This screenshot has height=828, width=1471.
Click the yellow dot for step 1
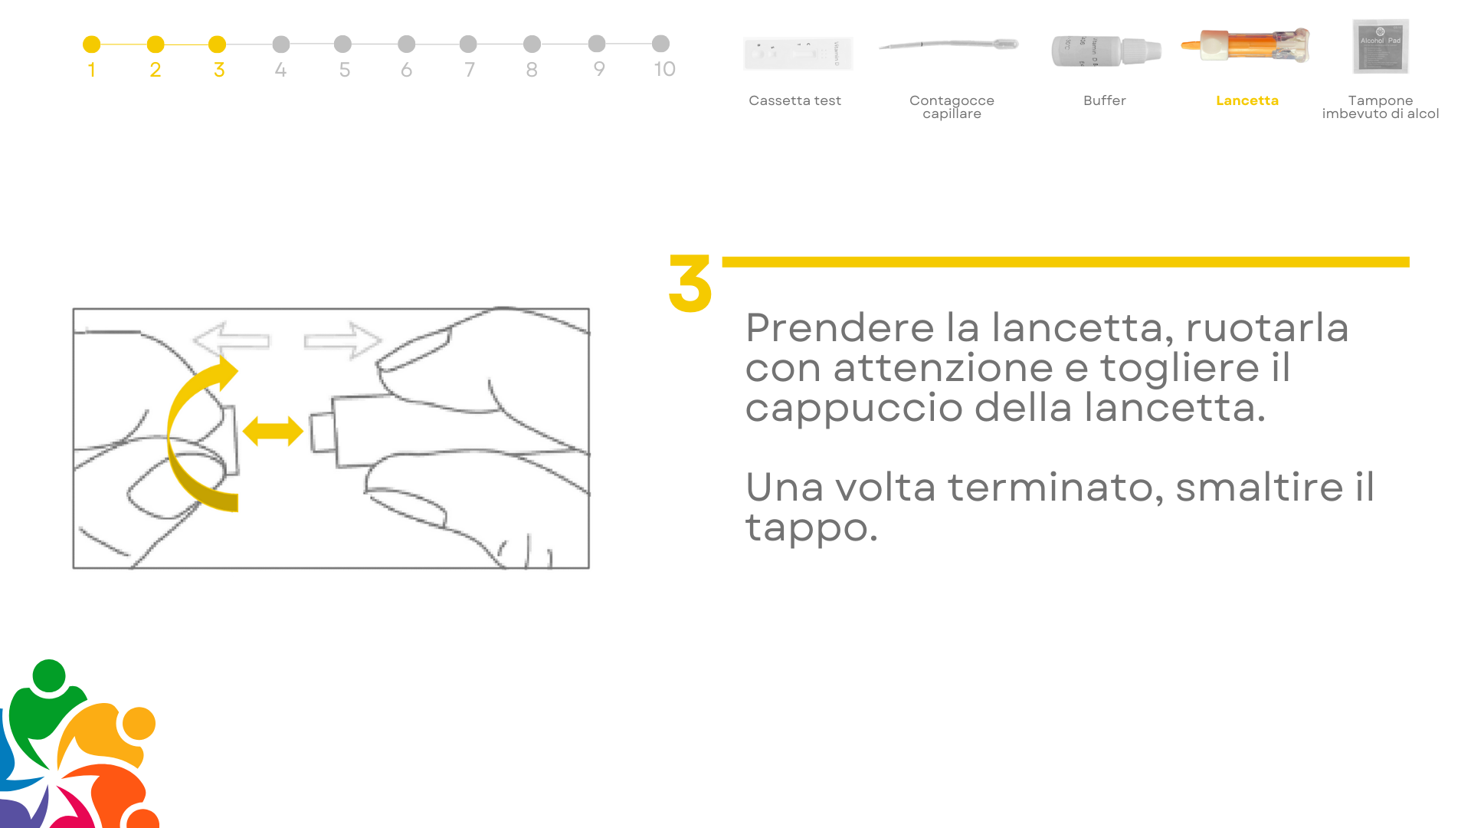[91, 44]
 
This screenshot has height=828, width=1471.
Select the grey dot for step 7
[468, 44]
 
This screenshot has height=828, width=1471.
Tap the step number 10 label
[664, 69]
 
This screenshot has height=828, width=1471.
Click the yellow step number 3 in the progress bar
[219, 70]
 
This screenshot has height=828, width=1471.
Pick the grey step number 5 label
[345, 70]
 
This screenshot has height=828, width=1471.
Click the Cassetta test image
[798, 53]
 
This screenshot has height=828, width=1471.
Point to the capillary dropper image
[948, 44]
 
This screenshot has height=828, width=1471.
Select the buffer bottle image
[1106, 51]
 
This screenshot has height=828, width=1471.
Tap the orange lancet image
[1246, 45]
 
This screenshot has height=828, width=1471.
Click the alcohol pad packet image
[1381, 47]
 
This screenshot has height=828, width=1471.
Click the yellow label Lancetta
[1247, 100]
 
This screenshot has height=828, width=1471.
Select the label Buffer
[1105, 100]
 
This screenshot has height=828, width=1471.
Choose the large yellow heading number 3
[690, 284]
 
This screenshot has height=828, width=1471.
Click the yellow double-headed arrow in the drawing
[273, 431]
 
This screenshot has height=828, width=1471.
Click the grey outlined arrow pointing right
[342, 340]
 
